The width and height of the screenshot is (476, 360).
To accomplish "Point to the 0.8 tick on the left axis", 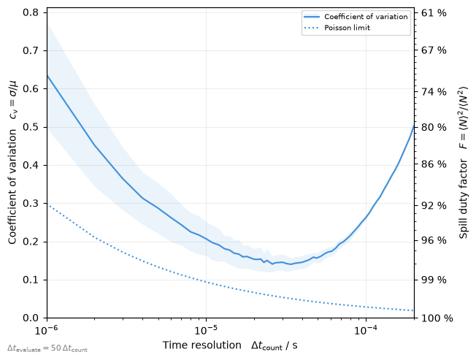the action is click(x=31, y=12).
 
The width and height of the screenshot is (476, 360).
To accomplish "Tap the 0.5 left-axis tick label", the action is click(x=31, y=127).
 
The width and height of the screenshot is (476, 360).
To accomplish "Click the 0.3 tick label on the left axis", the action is click(x=31, y=204).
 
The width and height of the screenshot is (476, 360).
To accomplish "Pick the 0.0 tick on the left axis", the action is click(x=31, y=318).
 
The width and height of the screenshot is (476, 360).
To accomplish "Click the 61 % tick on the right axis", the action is click(x=434, y=12).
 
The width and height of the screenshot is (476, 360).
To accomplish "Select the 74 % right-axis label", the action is click(x=434, y=92).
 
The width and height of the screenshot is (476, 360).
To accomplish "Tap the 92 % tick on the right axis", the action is click(x=434, y=205).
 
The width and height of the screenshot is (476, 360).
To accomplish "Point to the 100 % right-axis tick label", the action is click(x=437, y=318).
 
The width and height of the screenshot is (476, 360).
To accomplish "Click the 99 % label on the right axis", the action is click(x=434, y=280).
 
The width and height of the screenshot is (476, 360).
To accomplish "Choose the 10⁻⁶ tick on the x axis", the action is click(x=47, y=330).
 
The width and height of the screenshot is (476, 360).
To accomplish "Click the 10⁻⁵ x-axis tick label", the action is click(x=206, y=330).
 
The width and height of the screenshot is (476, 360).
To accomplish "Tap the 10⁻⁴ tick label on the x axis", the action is click(x=366, y=330).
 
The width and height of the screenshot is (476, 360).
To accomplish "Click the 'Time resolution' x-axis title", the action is click(x=202, y=345).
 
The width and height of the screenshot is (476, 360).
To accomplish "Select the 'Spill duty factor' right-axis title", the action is click(x=464, y=199).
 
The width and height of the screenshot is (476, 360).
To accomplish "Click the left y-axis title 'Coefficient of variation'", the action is click(x=12, y=187).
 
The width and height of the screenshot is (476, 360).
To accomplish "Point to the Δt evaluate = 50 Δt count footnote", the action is click(x=47, y=348).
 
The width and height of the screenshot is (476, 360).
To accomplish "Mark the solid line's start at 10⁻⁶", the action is click(x=47, y=75).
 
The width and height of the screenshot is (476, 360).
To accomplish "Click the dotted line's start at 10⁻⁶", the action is click(x=47, y=204).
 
